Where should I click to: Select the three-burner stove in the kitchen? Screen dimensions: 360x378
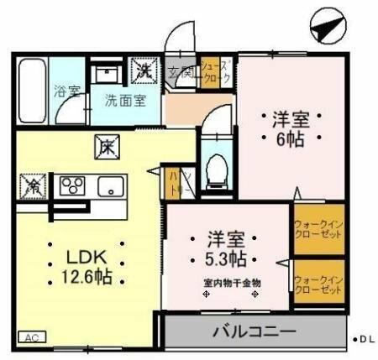tap(72, 185)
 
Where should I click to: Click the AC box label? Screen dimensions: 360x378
tap(31, 337)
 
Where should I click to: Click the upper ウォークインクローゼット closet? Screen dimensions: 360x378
tap(318, 229)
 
